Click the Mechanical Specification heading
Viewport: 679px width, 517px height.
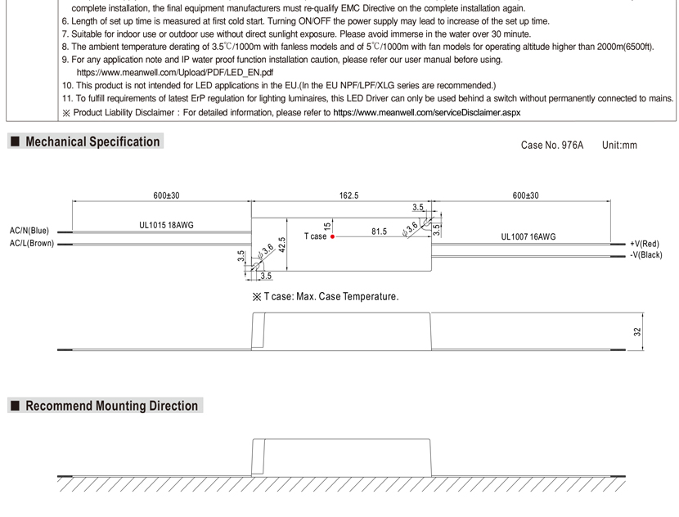tap(92, 142)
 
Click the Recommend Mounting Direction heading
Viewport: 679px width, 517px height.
tap(111, 406)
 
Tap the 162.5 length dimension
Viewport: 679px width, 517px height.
tap(348, 196)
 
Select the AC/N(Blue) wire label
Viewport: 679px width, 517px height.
tap(29, 231)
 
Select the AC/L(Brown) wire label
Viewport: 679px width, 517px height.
tap(30, 243)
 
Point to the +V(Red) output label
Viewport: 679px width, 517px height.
tap(645, 244)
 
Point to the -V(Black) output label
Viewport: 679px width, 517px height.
tap(645, 255)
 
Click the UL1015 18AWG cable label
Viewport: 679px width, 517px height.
tap(167, 224)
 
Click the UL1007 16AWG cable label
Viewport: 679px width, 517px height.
tap(528, 236)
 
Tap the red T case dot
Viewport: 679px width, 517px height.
tap(333, 236)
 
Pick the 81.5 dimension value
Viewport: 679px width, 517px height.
tap(379, 232)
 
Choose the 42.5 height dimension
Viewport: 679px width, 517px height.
tap(281, 245)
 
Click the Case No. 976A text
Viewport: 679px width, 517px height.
tap(552, 145)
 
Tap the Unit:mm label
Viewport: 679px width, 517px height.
tap(619, 145)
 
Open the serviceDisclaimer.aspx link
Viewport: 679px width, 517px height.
tap(426, 111)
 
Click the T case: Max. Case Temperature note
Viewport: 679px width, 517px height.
tap(326, 296)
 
